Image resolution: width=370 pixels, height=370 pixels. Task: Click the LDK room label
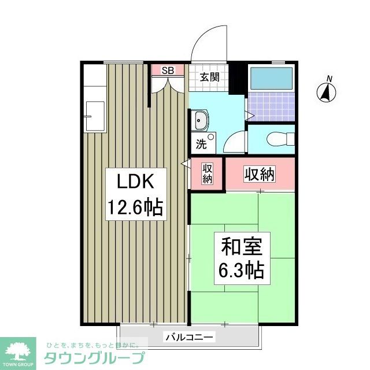coord(135,183)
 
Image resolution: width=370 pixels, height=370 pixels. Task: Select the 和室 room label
coord(242,247)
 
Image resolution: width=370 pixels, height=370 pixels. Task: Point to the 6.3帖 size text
coord(242,270)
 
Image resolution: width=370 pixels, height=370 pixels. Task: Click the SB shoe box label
coord(168,71)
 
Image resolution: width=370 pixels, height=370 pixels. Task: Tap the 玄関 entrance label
coord(209,77)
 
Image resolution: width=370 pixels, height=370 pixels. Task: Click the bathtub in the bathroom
coord(272,78)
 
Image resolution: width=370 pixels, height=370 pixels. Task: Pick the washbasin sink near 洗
coord(201,122)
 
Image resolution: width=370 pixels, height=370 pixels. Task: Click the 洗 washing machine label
coord(201,145)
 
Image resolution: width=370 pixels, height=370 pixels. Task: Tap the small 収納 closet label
coord(208,173)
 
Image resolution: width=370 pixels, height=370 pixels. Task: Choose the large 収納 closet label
coord(258,173)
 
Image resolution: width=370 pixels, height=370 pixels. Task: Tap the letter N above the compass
coord(329,79)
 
